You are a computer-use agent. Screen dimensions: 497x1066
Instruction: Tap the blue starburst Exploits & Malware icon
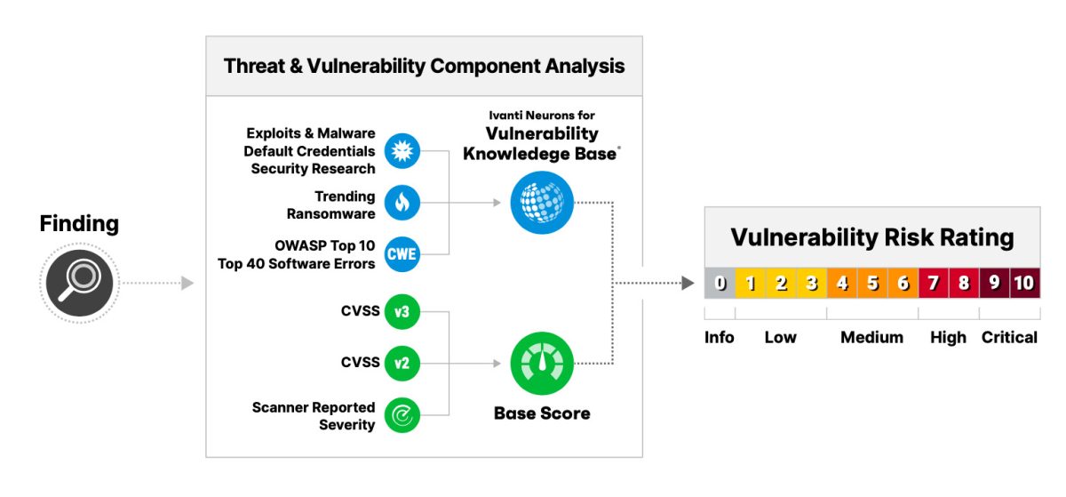402,150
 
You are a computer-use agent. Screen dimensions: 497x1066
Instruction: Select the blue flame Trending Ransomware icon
402,204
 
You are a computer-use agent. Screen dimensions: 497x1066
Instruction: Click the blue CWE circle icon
402,256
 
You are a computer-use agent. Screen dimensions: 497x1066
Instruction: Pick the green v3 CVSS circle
402,311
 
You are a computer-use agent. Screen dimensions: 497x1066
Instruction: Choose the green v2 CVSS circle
402,363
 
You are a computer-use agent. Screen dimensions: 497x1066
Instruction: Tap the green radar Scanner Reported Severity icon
402,414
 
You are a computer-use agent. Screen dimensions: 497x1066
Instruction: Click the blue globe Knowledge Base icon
542,203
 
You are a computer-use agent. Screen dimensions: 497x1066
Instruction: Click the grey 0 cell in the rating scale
720,284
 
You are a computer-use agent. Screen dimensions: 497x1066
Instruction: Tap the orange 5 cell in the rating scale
872,284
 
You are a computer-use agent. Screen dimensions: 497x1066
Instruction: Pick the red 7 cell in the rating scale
934,284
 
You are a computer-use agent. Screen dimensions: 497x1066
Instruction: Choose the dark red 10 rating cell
1024,284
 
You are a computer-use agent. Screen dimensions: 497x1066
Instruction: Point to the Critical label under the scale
1009,338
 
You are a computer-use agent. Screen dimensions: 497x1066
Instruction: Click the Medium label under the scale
871,338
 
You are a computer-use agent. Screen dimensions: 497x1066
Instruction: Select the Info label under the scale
720,338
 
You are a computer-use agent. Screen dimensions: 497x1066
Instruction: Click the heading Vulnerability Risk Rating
871,237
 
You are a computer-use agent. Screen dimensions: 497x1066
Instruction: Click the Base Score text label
542,413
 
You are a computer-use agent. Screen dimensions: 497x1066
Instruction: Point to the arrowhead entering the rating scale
688,284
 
